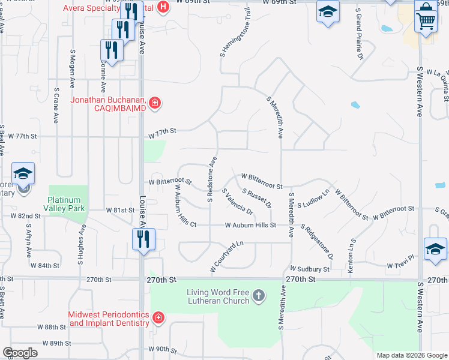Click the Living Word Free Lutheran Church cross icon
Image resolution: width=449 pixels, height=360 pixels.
click(x=258, y=295)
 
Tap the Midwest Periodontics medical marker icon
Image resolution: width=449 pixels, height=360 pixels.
click(x=158, y=317)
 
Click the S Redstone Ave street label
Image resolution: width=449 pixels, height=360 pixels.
click(x=211, y=179)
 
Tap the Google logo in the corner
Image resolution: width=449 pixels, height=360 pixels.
click(x=20, y=353)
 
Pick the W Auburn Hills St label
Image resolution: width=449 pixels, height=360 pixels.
click(x=250, y=226)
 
